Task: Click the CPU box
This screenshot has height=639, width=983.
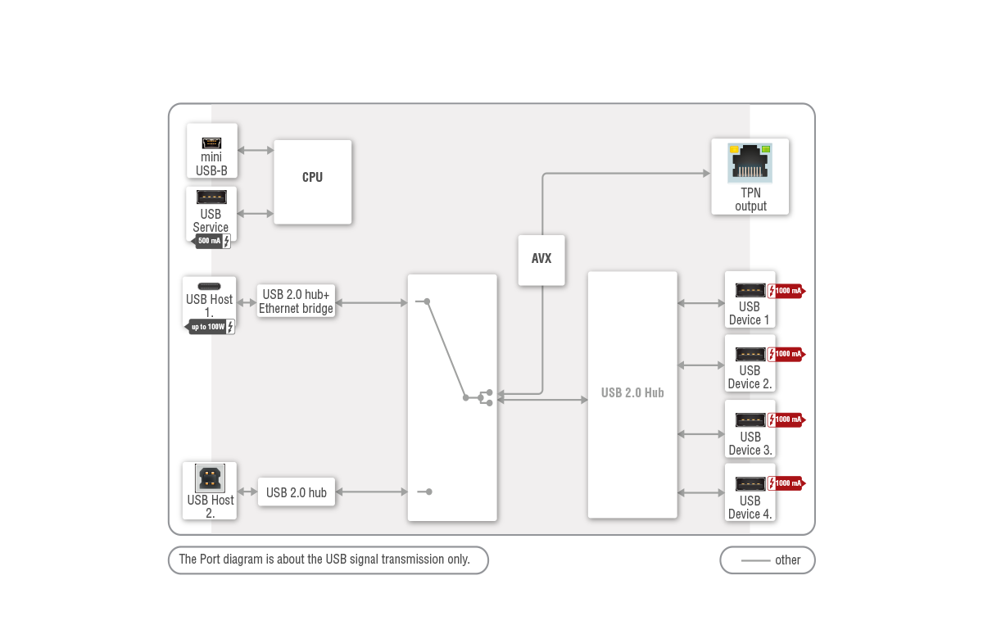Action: [x=312, y=182]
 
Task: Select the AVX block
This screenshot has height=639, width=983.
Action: [x=541, y=259]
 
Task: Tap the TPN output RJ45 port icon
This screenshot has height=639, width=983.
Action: [x=750, y=163]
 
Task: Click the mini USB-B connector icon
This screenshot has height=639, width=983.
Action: [x=211, y=143]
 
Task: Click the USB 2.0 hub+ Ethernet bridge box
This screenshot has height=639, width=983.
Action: [x=296, y=301]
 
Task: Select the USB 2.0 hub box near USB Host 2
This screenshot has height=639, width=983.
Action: [x=297, y=492]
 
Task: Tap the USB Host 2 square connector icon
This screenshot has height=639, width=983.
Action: [x=210, y=478]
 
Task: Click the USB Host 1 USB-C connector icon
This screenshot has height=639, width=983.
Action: [x=209, y=286]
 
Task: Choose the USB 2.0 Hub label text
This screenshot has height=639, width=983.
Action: [x=632, y=392]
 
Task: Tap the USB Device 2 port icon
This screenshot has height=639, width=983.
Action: [x=750, y=354]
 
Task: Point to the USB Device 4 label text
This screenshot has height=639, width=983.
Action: [x=750, y=507]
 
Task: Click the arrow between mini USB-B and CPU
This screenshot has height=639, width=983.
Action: [x=255, y=151]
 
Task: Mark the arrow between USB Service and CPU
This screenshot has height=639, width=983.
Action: [x=255, y=213]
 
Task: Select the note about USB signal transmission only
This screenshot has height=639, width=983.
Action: [x=325, y=560]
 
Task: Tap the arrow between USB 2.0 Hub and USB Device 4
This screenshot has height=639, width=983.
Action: [x=701, y=492]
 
